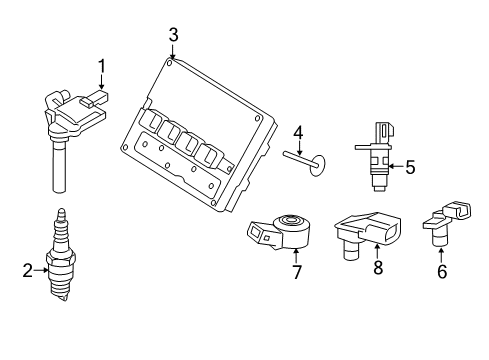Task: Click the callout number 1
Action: [x=100, y=67]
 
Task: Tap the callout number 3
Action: [x=173, y=36]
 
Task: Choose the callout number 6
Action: [x=441, y=270]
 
